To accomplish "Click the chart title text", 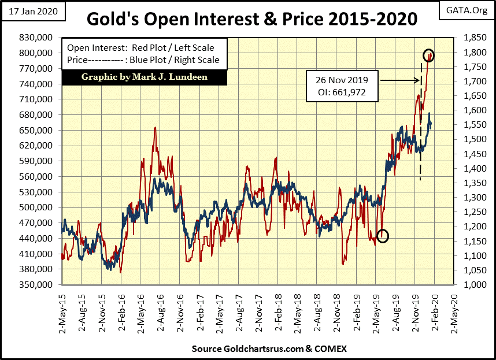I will [x=251, y=18].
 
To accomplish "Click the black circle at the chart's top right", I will [x=429, y=55].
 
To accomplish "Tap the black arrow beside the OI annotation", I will [x=399, y=81].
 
